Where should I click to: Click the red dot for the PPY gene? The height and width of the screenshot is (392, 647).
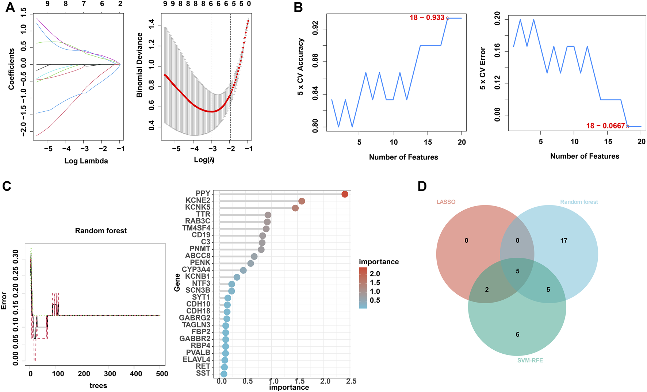pos(345,194)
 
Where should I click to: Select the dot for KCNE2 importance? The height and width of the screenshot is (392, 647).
pos(302,201)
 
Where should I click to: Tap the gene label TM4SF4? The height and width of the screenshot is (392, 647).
pos(196,228)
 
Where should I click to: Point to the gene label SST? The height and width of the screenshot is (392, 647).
pos(203,373)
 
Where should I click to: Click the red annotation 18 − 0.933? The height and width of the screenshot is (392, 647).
pos(427,18)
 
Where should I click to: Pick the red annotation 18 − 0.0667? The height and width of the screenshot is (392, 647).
pos(605,126)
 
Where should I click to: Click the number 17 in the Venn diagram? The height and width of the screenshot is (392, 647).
pos(564,241)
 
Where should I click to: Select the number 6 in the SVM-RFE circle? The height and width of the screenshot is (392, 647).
pos(517,334)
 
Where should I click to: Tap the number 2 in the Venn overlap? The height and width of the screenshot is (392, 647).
pos(487,289)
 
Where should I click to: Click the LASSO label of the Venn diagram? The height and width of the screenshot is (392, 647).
pos(446,202)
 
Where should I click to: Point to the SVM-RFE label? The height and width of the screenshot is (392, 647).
pos(530,360)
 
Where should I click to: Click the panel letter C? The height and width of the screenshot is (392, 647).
pos(7,186)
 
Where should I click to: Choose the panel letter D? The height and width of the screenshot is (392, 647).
pos(422,186)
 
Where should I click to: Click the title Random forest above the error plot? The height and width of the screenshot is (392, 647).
pos(101,231)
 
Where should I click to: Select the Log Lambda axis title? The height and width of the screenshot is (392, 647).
pos(86,161)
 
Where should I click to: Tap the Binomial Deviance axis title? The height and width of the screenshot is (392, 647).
pos(139,65)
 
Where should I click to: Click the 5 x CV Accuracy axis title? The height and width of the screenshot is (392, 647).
pos(300,67)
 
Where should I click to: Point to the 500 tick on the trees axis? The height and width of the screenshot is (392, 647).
pos(162,374)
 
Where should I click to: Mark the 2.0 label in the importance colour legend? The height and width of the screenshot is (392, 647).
pos(375,274)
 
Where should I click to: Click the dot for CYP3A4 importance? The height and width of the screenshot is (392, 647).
pos(243,270)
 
